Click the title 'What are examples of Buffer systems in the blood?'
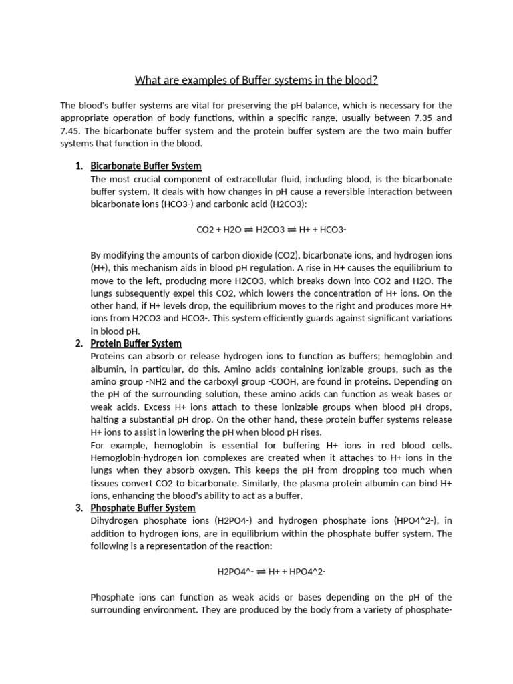point(256,81)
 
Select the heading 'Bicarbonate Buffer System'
point(146,166)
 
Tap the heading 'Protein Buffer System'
point(136,343)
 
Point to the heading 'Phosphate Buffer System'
point(142,508)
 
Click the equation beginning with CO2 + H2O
point(271,230)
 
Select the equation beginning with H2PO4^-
point(271,572)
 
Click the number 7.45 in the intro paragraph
point(72,130)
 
